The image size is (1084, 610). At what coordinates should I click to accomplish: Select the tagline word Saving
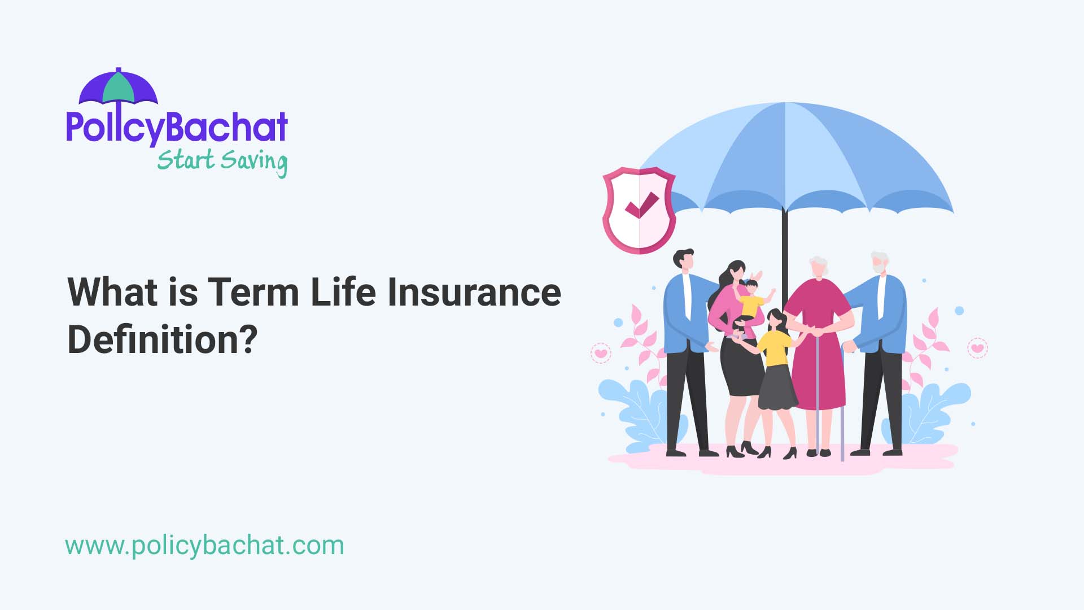[254, 162]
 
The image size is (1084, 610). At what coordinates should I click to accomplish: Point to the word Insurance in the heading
[474, 292]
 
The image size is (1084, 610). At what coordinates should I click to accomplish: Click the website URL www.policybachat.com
[204, 546]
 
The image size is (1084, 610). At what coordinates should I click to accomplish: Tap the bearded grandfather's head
[879, 263]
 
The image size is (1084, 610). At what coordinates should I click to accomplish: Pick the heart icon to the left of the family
[601, 354]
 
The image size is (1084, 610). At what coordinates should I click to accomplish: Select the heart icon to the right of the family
[977, 348]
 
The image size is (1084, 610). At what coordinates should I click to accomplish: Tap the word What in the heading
[113, 292]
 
